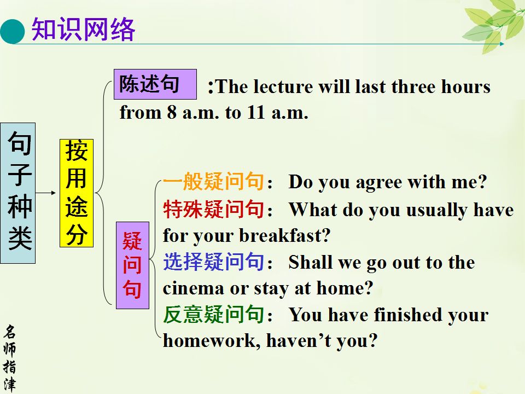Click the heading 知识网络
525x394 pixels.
83,30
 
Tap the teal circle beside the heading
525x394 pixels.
13,32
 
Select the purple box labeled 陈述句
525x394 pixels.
155,84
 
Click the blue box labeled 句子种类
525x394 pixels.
17,193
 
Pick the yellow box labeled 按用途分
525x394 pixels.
77,193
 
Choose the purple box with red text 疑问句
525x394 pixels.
132,265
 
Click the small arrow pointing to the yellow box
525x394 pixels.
46,193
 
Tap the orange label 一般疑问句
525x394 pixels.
214,181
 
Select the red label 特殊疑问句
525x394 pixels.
214,209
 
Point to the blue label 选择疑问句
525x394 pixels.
214,262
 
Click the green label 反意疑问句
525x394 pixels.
214,314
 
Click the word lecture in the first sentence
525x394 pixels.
283,87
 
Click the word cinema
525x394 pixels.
193,289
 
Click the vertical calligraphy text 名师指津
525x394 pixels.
9,358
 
